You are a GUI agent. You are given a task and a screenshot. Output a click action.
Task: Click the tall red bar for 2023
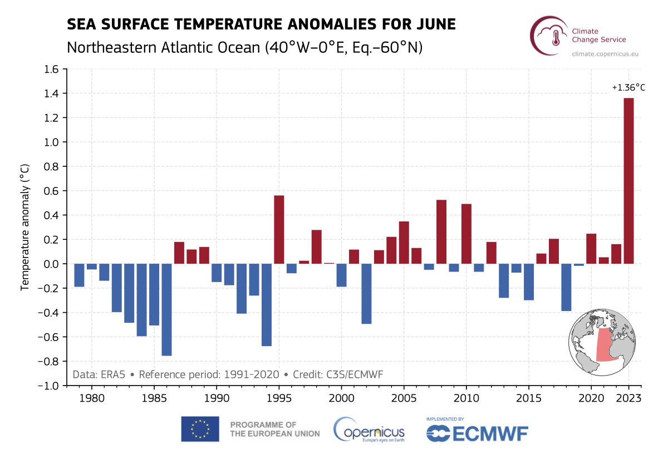(628, 181)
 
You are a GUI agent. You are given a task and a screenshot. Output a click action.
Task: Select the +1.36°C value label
(628, 87)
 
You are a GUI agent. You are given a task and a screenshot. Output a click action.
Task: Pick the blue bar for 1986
(166, 309)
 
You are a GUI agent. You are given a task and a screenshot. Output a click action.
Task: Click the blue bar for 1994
(267, 305)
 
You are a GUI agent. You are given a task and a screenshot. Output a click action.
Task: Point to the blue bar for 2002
(366, 294)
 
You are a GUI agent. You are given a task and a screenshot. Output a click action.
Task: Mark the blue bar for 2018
(566, 287)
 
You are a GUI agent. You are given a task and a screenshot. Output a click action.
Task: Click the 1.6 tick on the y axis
(51, 69)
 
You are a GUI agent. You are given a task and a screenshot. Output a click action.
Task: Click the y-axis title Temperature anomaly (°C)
(24, 227)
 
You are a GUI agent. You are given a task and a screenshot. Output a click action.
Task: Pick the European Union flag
(200, 429)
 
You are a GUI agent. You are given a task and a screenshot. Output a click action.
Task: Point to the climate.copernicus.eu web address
(599, 54)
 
